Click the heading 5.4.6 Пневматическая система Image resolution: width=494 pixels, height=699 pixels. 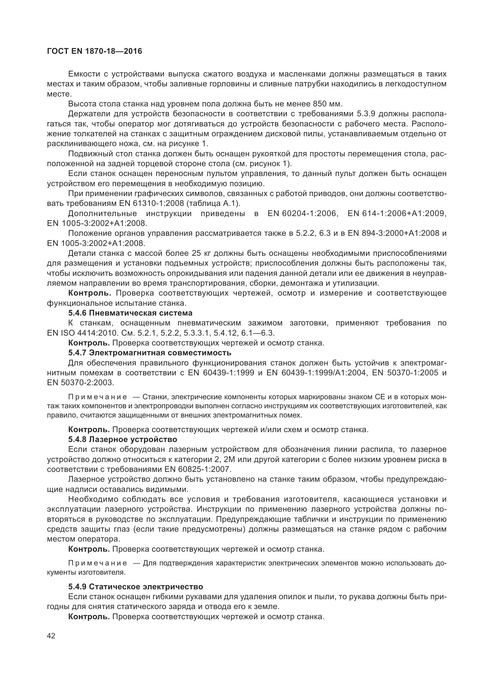coord(130,313)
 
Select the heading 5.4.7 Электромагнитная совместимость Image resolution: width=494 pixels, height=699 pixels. coord(150,353)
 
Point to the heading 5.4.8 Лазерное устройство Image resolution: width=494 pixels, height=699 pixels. coord(122,439)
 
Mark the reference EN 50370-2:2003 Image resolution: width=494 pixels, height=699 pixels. coord(80,383)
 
